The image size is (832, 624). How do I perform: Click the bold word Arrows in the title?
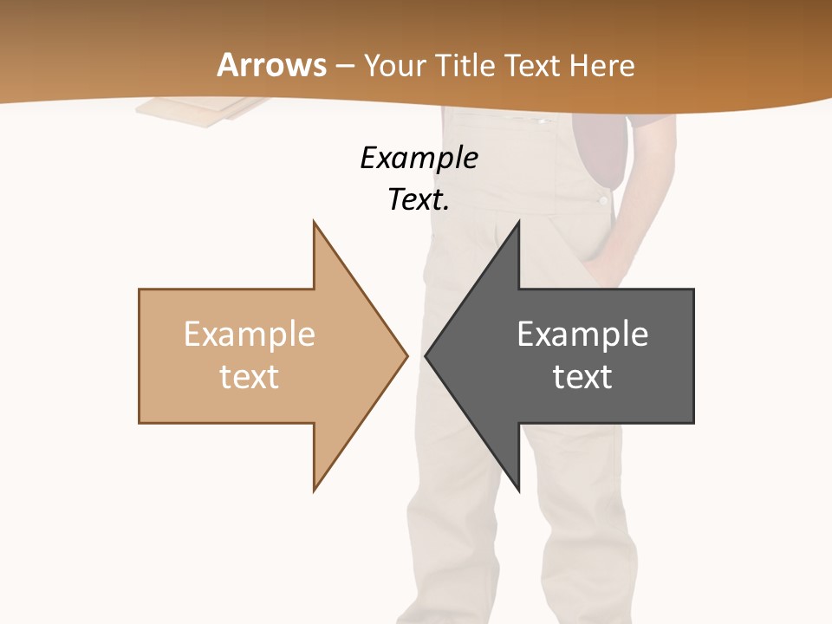pyautogui.click(x=272, y=65)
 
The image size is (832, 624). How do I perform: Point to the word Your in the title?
pyautogui.click(x=396, y=65)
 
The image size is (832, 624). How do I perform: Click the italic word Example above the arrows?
pyautogui.click(x=419, y=158)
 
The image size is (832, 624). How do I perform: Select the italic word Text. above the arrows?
pyautogui.click(x=419, y=199)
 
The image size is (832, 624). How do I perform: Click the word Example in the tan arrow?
pyautogui.click(x=249, y=334)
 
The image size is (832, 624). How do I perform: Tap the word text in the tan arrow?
pyautogui.click(x=249, y=376)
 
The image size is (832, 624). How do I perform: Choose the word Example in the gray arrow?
pyautogui.click(x=582, y=334)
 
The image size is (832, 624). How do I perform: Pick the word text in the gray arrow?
pyautogui.click(x=582, y=376)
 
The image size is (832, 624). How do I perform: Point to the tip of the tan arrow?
pyautogui.click(x=406, y=355)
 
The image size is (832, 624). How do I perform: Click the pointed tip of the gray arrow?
pyautogui.click(x=426, y=355)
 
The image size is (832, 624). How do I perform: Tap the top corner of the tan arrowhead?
pyautogui.click(x=314, y=222)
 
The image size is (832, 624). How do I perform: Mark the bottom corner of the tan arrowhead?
pyautogui.click(x=314, y=491)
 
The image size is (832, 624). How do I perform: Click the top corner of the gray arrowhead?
pyautogui.click(x=518, y=222)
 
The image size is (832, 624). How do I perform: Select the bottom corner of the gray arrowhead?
pyautogui.click(x=518, y=491)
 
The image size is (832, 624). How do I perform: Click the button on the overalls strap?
pyautogui.click(x=602, y=200)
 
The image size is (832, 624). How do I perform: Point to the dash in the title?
pyautogui.click(x=345, y=67)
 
